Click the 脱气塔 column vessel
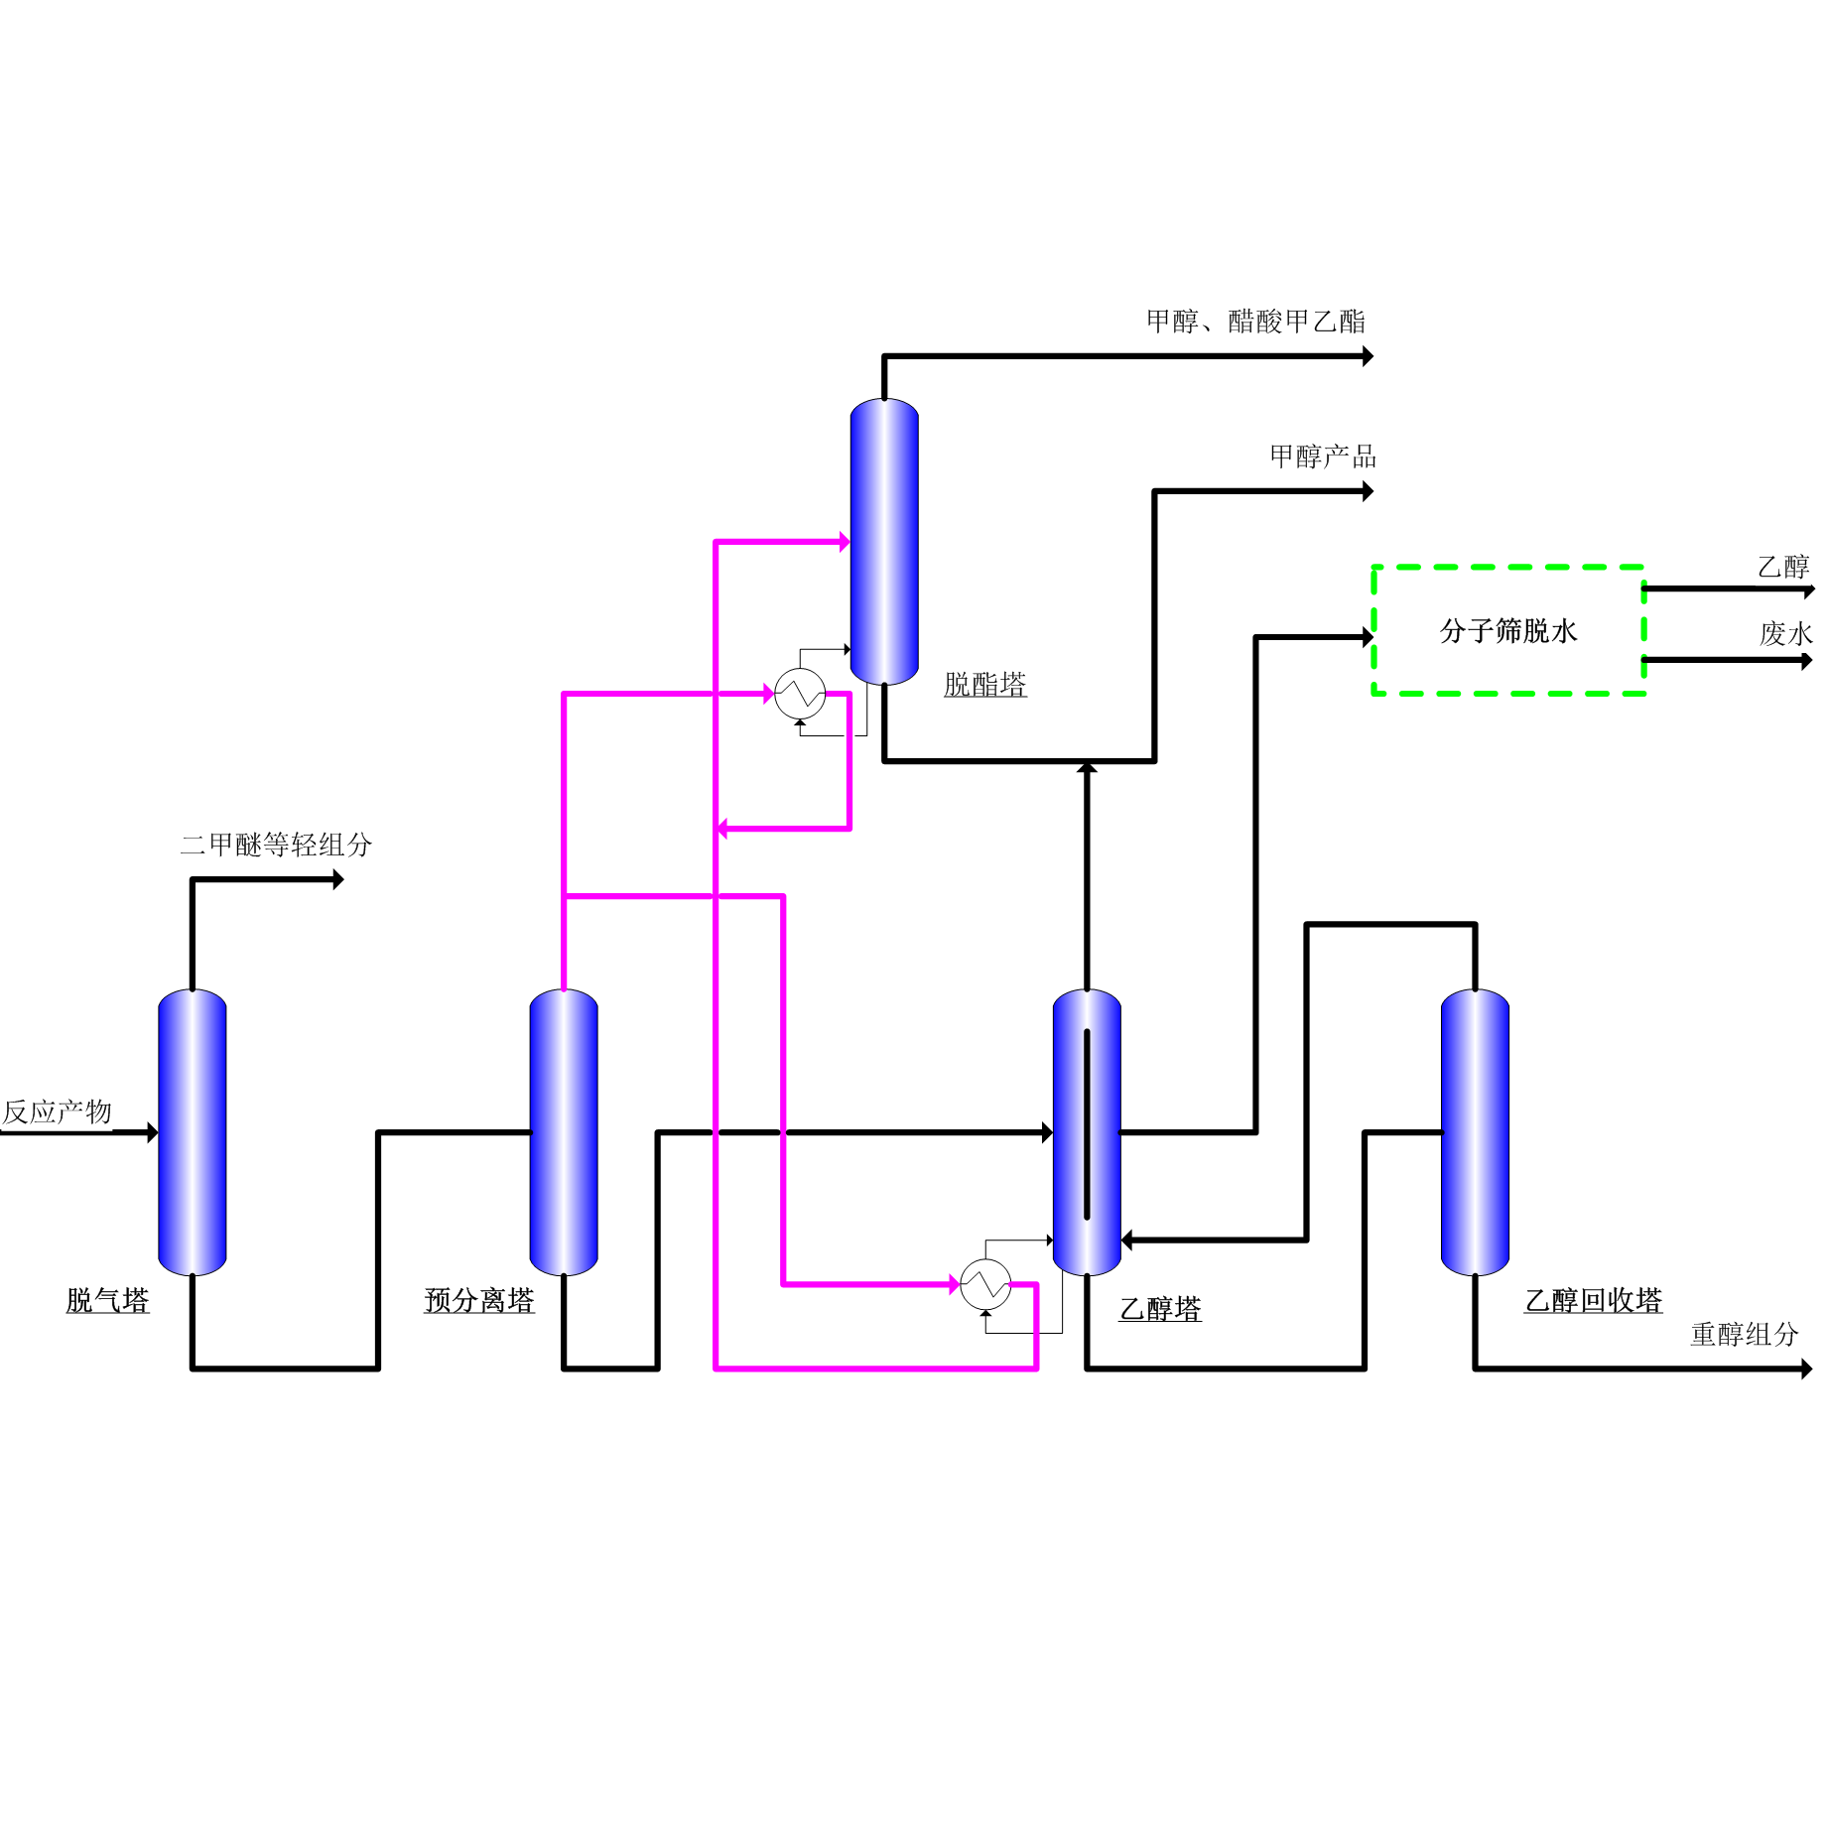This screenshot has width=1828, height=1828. (193, 1131)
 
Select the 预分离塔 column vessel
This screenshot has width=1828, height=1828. (564, 1131)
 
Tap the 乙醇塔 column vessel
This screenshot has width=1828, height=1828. (1087, 1131)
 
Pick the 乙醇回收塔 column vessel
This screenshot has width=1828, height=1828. (1475, 1131)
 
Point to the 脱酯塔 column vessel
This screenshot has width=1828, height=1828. (884, 541)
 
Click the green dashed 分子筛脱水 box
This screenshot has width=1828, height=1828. (1508, 630)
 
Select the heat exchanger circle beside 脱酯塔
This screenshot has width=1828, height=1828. (800, 694)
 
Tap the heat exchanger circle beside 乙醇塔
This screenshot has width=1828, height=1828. (985, 1285)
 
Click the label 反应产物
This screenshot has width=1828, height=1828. (58, 1111)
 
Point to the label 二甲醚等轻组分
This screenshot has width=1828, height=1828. (276, 845)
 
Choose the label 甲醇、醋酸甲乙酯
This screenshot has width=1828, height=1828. (1255, 322)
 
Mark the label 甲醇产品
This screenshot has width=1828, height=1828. (1323, 457)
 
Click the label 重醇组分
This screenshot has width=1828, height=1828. (1745, 1334)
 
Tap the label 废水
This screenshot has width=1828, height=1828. (1786, 633)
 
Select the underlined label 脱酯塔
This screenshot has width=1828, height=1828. (985, 685)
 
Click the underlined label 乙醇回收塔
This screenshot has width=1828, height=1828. (1593, 1300)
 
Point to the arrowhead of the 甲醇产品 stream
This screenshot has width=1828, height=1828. (1368, 491)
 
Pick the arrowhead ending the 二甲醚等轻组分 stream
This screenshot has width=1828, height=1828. (338, 879)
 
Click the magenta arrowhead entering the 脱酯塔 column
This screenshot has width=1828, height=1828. (845, 542)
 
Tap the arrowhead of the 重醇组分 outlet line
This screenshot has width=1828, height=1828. (1806, 1370)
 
